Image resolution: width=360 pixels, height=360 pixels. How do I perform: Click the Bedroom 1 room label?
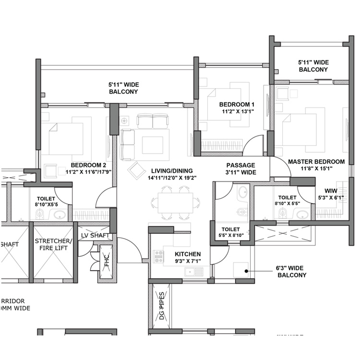pyautogui.click(x=237, y=105)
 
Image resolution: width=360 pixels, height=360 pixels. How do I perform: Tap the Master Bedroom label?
pyautogui.click(x=316, y=162)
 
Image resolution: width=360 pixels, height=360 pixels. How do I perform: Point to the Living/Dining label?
pyautogui.click(x=172, y=171)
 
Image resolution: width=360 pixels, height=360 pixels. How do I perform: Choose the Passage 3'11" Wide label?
pyautogui.click(x=241, y=168)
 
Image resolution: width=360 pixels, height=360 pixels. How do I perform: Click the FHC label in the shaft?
pyautogui.click(x=107, y=261)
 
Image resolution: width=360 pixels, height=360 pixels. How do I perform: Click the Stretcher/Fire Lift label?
pyautogui.click(x=53, y=245)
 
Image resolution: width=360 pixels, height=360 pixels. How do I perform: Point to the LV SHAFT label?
pyautogui.click(x=96, y=236)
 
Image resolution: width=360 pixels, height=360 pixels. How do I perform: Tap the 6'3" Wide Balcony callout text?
pyautogui.click(x=291, y=271)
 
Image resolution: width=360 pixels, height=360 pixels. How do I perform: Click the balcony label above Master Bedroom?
pyautogui.click(x=313, y=66)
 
